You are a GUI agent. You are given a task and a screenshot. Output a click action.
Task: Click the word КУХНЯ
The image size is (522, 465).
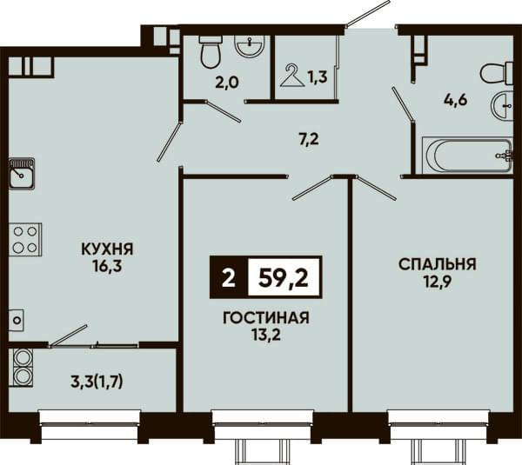coord(107,249)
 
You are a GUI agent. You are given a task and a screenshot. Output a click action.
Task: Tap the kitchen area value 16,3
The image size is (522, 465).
coord(108,266)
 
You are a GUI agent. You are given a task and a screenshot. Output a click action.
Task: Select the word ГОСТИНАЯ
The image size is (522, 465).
coord(266,318)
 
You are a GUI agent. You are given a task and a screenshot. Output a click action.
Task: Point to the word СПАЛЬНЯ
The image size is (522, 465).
coord(438,264)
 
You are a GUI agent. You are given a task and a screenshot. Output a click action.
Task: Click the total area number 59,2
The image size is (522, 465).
coord(284,278)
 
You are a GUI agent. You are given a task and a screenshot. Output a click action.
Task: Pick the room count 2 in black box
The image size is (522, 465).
coord(228,278)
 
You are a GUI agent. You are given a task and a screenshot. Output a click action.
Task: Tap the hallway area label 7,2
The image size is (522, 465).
coord(309,139)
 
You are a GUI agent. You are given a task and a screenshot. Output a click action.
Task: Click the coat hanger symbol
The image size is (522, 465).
coord(292,76)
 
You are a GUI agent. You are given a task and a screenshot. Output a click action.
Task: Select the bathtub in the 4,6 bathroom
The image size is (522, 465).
coord(468,156)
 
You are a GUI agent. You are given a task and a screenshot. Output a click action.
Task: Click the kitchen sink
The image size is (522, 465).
coord(22,173)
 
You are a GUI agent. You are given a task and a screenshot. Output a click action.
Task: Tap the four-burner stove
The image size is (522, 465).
coord(25,240)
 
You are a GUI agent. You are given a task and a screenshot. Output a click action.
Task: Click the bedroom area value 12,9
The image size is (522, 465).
coord(438,282)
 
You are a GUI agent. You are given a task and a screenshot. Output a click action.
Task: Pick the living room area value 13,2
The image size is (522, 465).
coord(266,335)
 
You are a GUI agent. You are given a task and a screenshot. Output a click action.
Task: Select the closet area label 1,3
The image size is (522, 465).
coord(318,77)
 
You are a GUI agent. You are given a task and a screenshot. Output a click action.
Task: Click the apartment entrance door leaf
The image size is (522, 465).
coord(367,14)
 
